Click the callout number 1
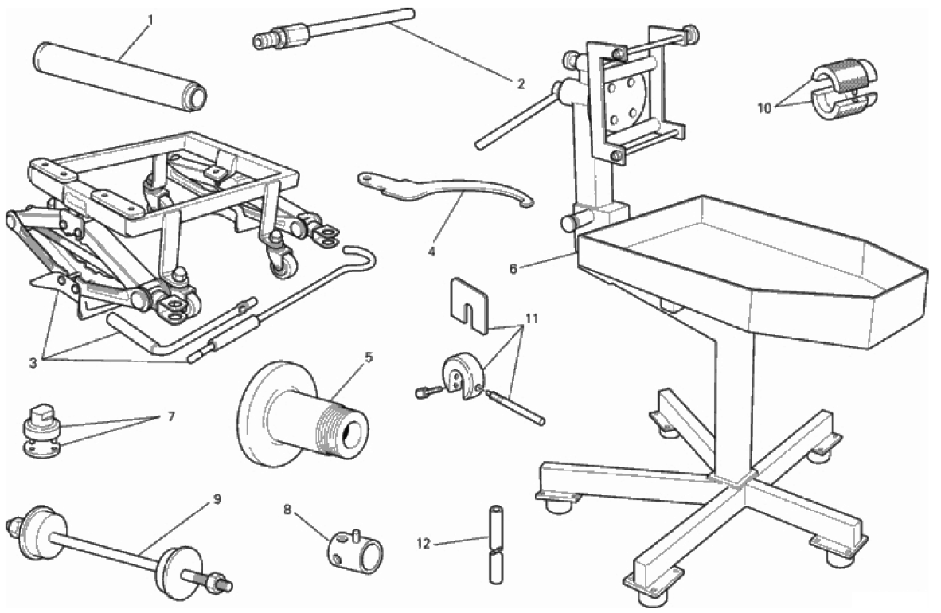150,21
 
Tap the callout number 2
521,84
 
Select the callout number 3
33,363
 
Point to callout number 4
431,252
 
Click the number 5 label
369,357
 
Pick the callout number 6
513,269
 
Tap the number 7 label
171,416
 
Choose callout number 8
287,510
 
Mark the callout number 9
217,499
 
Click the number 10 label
764,109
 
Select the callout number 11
531,318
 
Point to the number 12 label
424,544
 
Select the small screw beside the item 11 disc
428,392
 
